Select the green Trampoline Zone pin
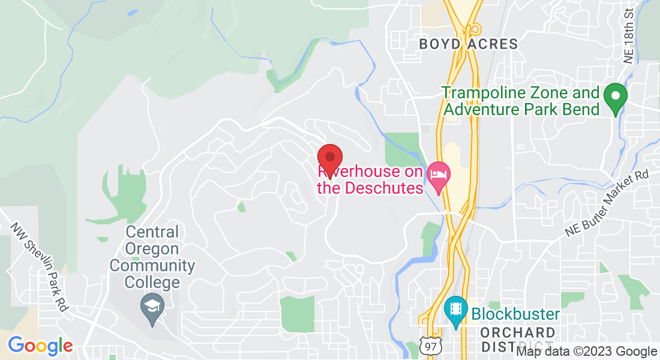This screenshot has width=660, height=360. pyautogui.click(x=615, y=97)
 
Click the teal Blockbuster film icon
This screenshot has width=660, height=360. pyautogui.click(x=456, y=310)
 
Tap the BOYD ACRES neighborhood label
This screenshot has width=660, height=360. pyautogui.click(x=468, y=44)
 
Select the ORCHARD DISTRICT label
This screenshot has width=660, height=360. pyautogui.click(x=518, y=340)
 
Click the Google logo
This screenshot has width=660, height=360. pyautogui.click(x=40, y=346)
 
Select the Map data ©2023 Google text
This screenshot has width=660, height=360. pyautogui.click(x=587, y=352)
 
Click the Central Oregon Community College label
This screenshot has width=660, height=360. pyautogui.click(x=152, y=257)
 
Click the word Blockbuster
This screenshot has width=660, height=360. pyautogui.click(x=515, y=314)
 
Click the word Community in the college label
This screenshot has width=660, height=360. pyautogui.click(x=152, y=265)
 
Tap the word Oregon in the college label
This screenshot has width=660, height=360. pyautogui.click(x=152, y=248)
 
